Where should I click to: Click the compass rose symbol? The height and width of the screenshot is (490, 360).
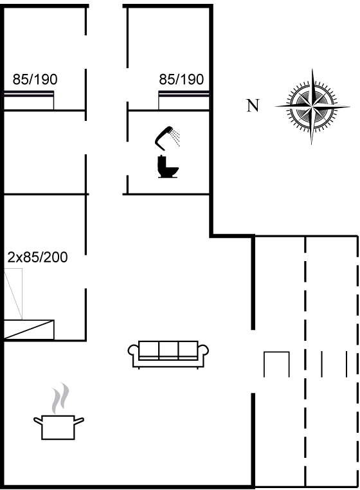point(312,107)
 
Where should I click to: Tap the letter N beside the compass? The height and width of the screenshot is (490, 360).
point(253,105)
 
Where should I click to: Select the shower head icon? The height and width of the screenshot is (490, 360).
point(167,138)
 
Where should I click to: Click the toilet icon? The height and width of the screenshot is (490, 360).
point(168,167)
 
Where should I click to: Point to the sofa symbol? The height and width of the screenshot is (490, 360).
point(168,354)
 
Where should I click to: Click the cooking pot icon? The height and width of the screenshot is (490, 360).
point(59,427)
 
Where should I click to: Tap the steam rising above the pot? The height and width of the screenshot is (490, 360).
point(60,399)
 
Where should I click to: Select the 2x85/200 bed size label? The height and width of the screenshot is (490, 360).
point(37,257)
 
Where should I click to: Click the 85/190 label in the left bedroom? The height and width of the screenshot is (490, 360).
point(35,79)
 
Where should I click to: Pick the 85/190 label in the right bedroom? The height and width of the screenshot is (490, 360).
point(181,79)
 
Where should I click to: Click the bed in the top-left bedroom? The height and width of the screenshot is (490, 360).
point(29,100)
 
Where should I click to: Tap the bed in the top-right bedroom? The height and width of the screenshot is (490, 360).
point(184,100)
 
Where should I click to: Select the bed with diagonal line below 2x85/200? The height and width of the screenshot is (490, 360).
point(29,329)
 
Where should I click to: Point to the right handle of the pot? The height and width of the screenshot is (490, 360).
point(78,421)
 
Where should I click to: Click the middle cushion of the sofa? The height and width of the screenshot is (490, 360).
point(168,350)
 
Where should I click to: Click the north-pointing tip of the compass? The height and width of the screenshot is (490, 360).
point(275,107)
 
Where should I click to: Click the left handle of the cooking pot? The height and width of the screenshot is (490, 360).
point(38,421)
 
